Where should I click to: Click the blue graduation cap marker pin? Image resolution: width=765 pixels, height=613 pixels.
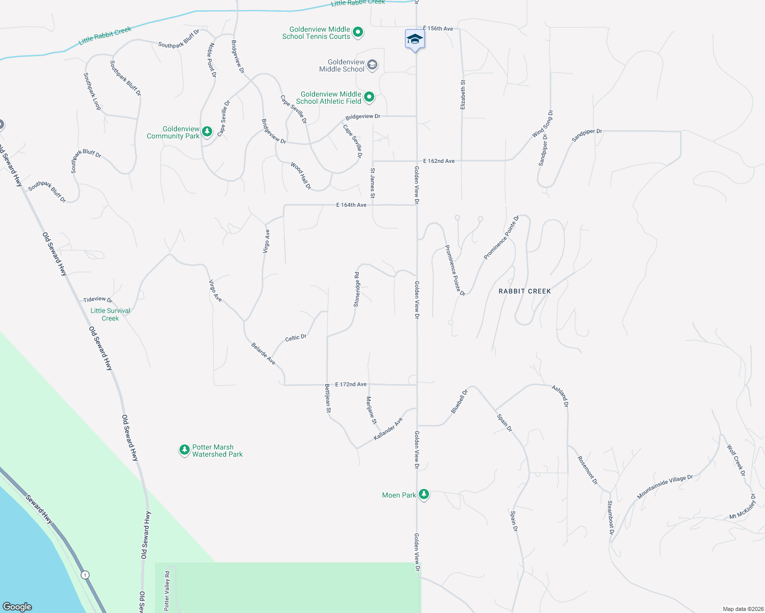415,39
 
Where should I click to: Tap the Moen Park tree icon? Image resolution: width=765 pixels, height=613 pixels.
423,494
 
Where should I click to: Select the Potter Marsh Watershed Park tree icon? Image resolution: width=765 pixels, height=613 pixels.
184,450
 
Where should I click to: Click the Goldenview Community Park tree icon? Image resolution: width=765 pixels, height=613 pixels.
207,132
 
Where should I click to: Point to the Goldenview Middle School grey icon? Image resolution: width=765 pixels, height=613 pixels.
372,64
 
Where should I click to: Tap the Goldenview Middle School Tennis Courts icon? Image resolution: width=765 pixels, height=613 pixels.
358,32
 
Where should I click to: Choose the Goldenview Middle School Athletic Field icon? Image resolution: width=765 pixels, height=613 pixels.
369,97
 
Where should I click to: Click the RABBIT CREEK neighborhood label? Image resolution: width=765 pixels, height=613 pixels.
525,291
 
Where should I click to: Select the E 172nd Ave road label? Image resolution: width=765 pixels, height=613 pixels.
351,384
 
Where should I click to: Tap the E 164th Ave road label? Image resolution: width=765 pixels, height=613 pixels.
351,205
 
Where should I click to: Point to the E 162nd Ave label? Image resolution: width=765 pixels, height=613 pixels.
439,161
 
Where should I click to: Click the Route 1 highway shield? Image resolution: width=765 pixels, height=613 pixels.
85,575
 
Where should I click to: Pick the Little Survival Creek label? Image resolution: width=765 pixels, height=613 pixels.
110,314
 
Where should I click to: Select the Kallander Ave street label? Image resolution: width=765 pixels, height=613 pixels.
388,429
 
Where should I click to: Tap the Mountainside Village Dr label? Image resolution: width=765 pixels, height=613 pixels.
665,487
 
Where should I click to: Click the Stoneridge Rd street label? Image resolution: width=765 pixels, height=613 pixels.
357,290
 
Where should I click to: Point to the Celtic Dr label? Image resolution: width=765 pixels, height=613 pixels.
296,338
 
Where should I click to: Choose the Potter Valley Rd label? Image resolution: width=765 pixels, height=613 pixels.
167,591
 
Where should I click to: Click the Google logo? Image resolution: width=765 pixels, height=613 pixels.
17,606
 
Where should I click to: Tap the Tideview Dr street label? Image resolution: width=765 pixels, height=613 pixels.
98,299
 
